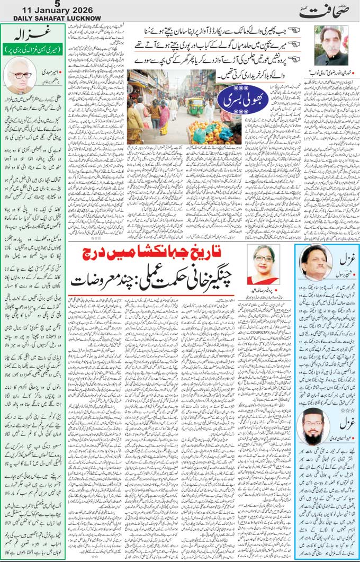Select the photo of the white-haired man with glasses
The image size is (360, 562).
20,75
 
